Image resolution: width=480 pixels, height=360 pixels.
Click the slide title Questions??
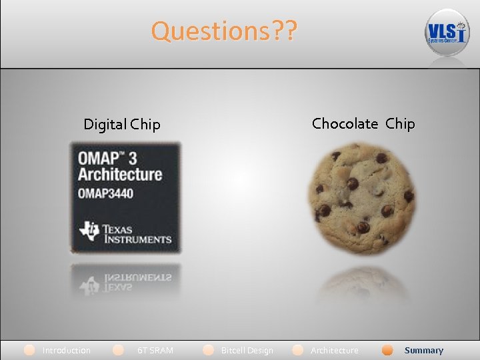tap(224, 31)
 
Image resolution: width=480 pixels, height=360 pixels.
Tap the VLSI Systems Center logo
tap(447, 33)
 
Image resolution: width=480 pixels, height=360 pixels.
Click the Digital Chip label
tap(122, 125)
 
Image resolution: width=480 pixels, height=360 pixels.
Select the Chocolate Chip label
tap(363, 123)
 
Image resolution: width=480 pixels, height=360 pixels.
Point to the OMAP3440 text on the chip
tap(105, 194)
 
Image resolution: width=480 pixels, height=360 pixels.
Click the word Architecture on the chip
tap(120, 175)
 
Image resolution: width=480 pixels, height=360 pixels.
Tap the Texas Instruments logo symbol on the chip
tap(89, 231)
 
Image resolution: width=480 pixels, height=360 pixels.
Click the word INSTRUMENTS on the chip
tap(136, 239)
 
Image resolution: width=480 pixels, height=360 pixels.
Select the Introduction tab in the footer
tap(67, 350)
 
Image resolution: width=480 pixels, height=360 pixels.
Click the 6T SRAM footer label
tap(155, 350)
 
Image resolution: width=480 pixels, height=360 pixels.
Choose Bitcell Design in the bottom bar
tap(247, 350)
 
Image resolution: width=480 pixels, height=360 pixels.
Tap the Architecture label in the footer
tap(334, 350)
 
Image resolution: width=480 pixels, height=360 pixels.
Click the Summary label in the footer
tap(423, 350)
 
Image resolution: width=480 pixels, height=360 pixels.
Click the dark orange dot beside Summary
tap(387, 350)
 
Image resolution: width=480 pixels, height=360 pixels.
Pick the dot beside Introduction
tap(29, 350)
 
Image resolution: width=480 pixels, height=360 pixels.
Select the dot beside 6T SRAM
tap(119, 350)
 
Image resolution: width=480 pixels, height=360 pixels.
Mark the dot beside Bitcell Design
tap(209, 350)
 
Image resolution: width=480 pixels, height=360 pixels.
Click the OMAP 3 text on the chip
tap(109, 159)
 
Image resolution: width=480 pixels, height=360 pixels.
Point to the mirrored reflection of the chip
tap(125, 281)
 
